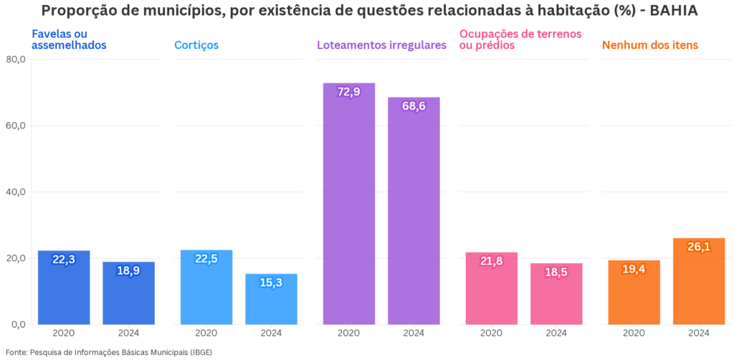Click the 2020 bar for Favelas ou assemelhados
pos(64,287)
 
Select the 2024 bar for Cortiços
pos(271,299)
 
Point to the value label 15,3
pos(271,283)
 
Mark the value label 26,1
pos(699,247)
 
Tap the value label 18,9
pos(128,271)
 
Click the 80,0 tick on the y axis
pos(15,60)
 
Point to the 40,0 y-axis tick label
pos(15,192)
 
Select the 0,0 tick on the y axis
pos(18,324)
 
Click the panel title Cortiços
pos(196,45)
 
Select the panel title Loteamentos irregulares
pos(381,45)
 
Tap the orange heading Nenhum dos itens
pos(650,45)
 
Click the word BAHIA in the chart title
pos(673,11)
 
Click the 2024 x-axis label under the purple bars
pos(414,333)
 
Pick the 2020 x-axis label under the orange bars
pos(634,333)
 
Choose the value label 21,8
pos(491,262)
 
